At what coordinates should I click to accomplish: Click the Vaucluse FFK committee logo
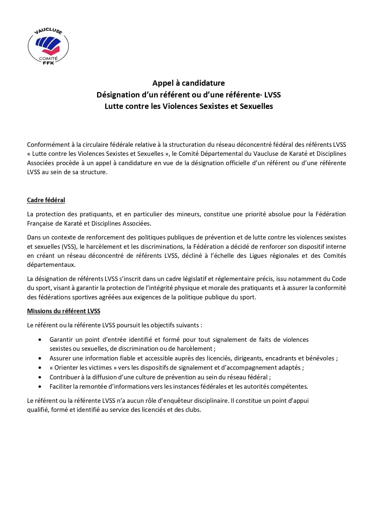click(48, 46)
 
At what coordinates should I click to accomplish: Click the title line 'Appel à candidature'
click(188, 83)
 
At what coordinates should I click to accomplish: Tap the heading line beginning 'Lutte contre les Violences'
click(188, 106)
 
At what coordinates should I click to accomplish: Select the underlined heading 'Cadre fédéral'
click(46, 200)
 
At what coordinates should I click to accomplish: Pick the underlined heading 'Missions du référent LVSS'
click(63, 311)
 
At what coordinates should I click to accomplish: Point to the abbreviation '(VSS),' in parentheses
click(69, 247)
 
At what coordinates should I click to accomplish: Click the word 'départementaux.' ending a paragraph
click(51, 265)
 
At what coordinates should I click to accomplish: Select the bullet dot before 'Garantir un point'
click(40, 340)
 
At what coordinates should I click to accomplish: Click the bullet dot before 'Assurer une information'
click(40, 358)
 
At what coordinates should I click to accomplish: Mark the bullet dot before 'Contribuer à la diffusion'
click(40, 377)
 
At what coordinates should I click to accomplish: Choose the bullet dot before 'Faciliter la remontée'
click(40, 387)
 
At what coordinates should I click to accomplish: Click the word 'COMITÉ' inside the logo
click(48, 59)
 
